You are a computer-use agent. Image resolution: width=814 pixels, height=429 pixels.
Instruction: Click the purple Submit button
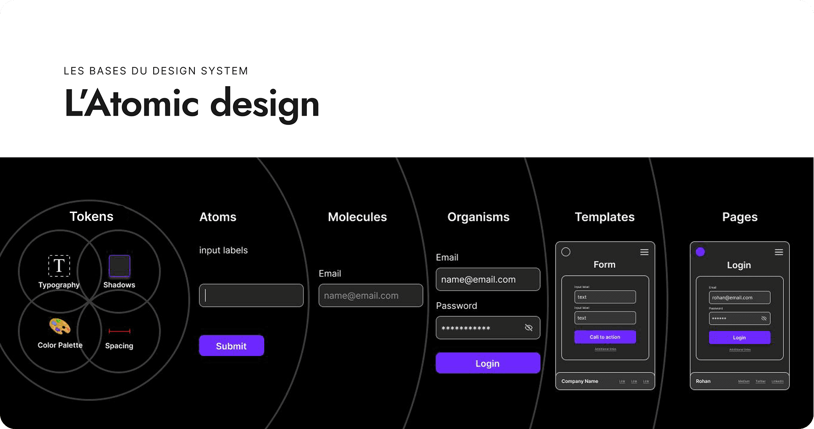[231, 346]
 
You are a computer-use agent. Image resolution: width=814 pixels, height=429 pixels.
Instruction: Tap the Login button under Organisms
[488, 363]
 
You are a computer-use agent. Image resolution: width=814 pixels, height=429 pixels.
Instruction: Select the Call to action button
[605, 337]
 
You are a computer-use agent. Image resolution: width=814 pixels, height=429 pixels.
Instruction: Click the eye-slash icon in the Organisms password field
[528, 328]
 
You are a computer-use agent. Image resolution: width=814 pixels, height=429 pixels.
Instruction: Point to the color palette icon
[60, 326]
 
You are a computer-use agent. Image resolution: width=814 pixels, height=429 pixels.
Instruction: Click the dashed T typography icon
[59, 265]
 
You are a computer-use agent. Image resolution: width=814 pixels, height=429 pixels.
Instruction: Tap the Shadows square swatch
[119, 266]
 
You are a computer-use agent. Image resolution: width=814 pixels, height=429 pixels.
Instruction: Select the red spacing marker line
[119, 331]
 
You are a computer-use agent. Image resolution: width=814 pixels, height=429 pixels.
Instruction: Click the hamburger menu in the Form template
[644, 252]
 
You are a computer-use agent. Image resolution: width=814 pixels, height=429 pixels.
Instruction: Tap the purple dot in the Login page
[700, 252]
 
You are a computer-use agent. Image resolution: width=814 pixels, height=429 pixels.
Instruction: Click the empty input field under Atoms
[251, 295]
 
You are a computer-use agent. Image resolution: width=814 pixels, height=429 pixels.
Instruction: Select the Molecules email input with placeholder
[370, 295]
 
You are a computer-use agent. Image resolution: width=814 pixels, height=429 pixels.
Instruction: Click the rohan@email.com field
[739, 298]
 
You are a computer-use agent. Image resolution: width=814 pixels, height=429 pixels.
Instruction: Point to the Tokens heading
[91, 216]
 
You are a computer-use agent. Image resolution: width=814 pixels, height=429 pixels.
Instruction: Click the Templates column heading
[605, 217]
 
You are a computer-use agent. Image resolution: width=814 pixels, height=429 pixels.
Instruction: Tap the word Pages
[740, 217]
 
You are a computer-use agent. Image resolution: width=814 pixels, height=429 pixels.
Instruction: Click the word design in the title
[265, 104]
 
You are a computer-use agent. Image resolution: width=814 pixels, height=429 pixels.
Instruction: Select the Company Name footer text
[580, 382]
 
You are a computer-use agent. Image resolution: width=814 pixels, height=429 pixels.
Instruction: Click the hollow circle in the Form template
[566, 252]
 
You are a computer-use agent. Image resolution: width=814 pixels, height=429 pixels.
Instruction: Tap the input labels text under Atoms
[223, 250]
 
